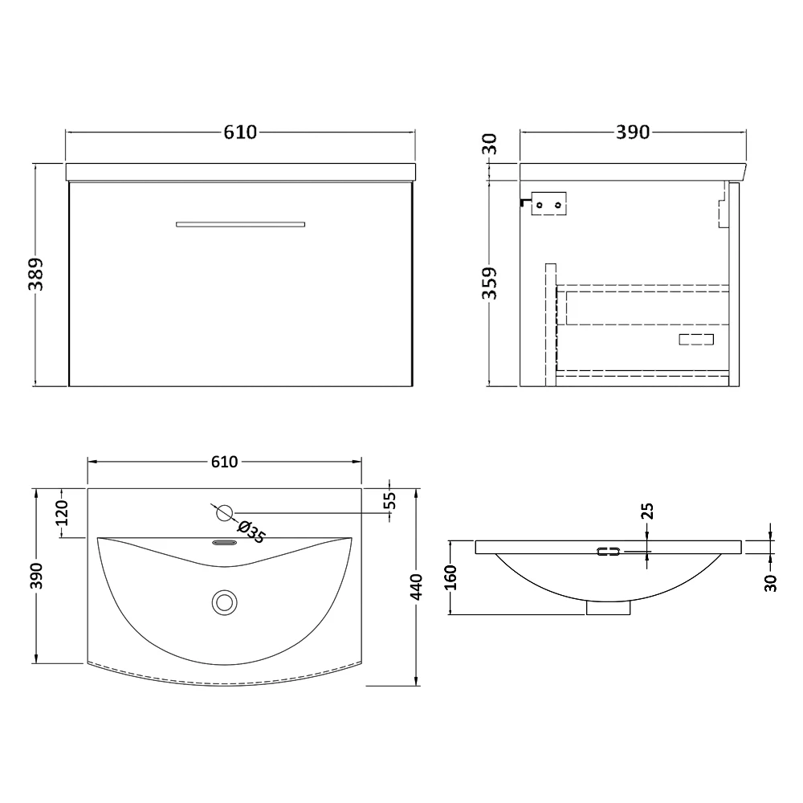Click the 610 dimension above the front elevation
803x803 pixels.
[240, 132]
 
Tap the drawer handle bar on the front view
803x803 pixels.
[241, 224]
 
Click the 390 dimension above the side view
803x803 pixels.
[633, 132]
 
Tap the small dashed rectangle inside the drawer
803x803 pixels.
[695, 339]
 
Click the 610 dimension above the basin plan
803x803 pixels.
[224, 462]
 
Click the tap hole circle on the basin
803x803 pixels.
[224, 512]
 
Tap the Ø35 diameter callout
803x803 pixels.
[251, 531]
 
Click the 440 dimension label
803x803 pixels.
[416, 587]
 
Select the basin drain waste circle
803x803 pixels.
[224, 601]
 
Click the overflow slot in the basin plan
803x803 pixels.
[224, 543]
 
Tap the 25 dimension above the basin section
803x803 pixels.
[647, 511]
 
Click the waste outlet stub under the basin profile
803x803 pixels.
[608, 609]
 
